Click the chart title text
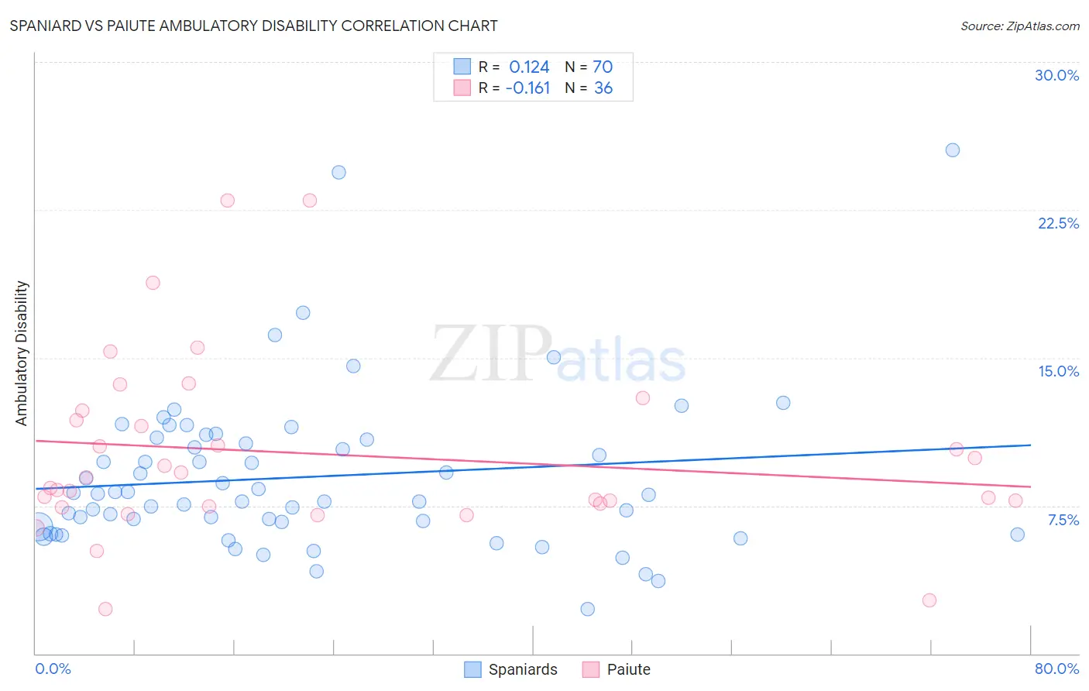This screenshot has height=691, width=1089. (253, 26)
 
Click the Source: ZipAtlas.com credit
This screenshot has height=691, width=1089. (1019, 26)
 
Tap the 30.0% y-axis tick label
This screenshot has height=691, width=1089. (1056, 75)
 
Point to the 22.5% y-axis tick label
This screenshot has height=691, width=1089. (1058, 223)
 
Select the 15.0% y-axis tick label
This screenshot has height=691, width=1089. (1058, 371)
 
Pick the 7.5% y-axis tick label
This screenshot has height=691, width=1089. (1063, 520)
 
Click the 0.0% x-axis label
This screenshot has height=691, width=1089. (53, 669)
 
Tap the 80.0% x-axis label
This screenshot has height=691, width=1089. (1056, 669)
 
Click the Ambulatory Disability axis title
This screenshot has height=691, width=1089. (22, 352)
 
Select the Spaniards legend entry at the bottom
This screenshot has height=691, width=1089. (511, 669)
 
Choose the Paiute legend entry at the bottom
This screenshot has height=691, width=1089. (617, 669)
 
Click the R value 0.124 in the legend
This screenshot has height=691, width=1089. (529, 67)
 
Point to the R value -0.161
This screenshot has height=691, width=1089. (527, 88)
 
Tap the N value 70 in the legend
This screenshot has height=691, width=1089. (603, 67)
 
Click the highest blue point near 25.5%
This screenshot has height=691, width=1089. (953, 150)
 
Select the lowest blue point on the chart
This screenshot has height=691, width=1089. (588, 609)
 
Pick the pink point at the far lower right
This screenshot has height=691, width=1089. (929, 600)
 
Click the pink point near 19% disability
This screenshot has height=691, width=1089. (153, 283)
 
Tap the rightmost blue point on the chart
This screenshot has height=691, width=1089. (1018, 535)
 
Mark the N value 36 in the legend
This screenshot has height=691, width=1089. (603, 88)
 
